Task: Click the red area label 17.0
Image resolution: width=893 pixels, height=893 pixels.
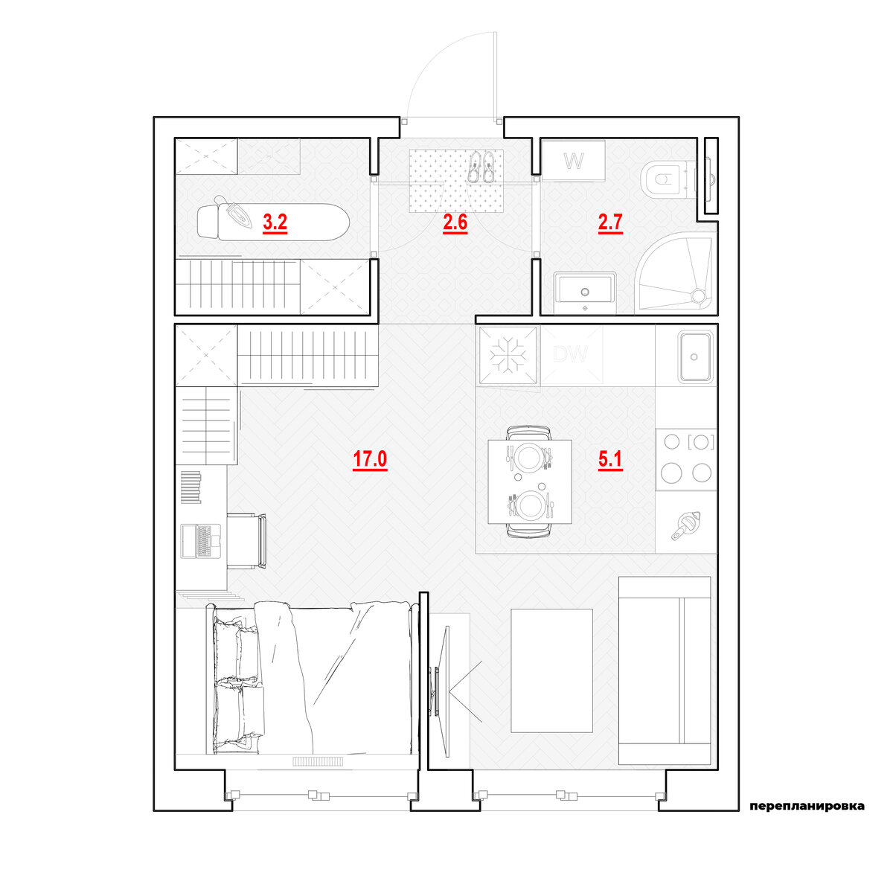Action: coord(370,459)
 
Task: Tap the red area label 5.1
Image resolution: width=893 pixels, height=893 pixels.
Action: coord(610,459)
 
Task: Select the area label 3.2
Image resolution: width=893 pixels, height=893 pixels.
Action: coord(275,223)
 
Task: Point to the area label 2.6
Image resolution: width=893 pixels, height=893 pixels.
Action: coord(455,223)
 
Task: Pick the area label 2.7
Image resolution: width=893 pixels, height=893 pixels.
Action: coord(610,223)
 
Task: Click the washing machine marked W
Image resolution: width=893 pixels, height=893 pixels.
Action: coord(574,161)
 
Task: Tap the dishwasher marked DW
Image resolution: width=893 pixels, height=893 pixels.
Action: coord(571,355)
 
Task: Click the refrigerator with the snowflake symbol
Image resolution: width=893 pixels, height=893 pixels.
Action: coord(508,356)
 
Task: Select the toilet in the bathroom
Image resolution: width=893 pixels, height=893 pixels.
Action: coord(668,179)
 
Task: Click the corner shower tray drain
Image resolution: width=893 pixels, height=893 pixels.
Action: coord(697,294)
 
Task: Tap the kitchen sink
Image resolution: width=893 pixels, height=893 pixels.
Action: coord(694,356)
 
